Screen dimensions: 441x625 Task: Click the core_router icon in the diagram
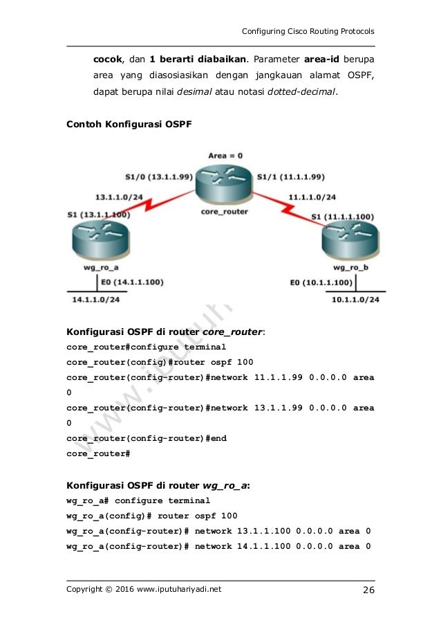coord(221,182)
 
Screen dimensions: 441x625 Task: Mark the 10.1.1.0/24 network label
coord(355,300)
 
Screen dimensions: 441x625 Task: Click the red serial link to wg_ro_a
coord(159,204)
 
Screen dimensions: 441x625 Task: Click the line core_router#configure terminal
coord(146,346)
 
